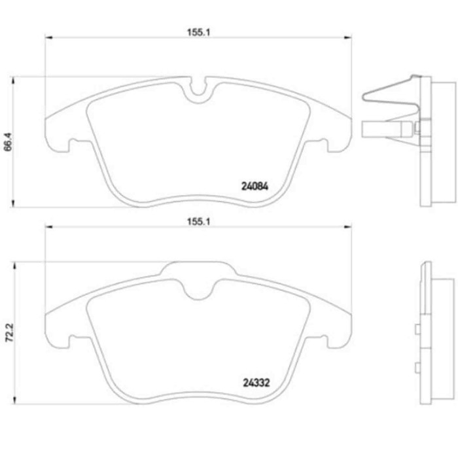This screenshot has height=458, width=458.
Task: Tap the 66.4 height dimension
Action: (9, 143)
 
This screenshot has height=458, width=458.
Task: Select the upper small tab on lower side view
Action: (416, 331)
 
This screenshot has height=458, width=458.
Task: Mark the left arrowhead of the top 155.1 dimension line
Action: (47, 37)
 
